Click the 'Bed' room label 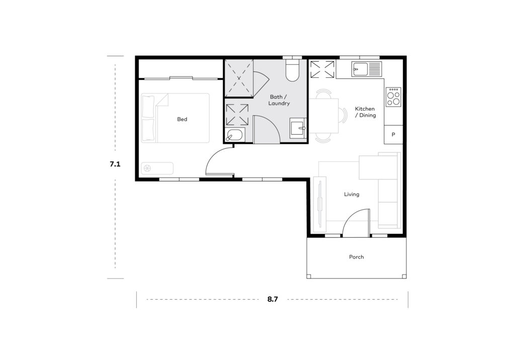point(182,119)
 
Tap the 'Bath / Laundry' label point(279,100)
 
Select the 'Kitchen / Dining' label point(365,112)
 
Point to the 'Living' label point(352,194)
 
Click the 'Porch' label point(357,257)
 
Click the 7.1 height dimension point(115,164)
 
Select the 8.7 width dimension point(273,299)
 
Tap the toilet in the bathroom point(292,69)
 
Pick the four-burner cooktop point(393,97)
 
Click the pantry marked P point(393,135)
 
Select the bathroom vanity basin point(298,128)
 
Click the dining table point(323,116)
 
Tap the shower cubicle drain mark point(239,78)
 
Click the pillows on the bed point(148,119)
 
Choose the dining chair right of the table point(343,116)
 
